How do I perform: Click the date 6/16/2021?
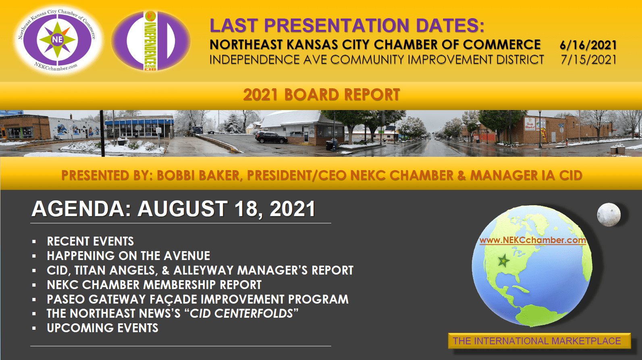[588, 45]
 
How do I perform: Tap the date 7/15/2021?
[589, 60]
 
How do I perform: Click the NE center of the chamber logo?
[57, 40]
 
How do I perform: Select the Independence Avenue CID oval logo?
[151, 41]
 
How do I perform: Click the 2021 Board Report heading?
[321, 95]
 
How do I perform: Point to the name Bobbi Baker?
[198, 175]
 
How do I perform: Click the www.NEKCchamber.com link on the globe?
[532, 240]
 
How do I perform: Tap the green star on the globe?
[503, 261]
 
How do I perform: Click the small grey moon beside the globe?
[609, 215]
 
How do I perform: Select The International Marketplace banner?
[539, 341]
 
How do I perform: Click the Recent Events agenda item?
[90, 241]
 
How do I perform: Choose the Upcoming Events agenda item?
[103, 328]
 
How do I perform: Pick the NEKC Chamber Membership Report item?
[154, 285]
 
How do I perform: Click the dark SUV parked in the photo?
[271, 137]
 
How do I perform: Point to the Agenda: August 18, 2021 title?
[173, 209]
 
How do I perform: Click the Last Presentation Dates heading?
[347, 25]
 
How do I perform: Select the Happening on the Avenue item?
[129, 256]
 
